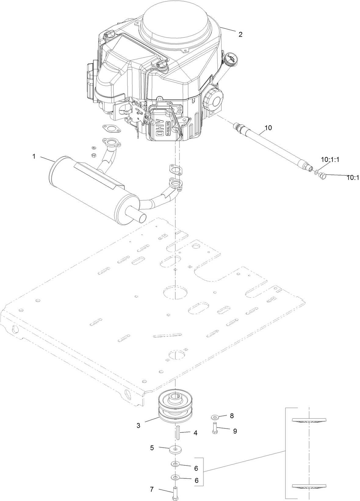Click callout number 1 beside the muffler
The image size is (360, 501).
34,157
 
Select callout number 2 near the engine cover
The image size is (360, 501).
240,34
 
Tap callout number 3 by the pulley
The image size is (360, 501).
139,425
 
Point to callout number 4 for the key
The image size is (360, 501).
195,433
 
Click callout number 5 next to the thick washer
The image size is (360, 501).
152,448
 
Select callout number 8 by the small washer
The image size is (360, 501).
232,415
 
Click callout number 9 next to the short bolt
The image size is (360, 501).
235,431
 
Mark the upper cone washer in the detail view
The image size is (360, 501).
309,420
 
